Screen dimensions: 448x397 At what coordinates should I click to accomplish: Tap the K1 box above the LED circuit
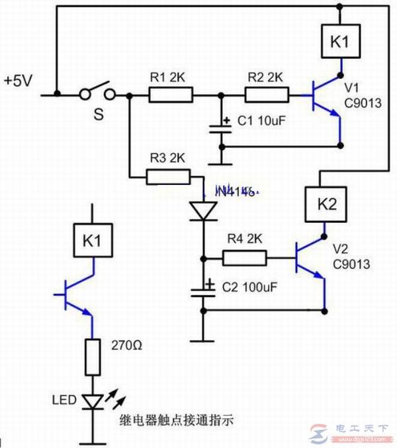(92, 241)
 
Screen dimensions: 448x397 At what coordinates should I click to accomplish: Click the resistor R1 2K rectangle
(170, 95)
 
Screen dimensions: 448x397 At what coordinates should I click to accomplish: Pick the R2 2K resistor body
(267, 95)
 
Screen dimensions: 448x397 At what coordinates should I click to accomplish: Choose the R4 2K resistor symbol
(245, 257)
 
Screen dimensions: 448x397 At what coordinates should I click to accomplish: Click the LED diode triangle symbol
(92, 401)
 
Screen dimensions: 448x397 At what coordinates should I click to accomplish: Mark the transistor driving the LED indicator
(77, 294)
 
